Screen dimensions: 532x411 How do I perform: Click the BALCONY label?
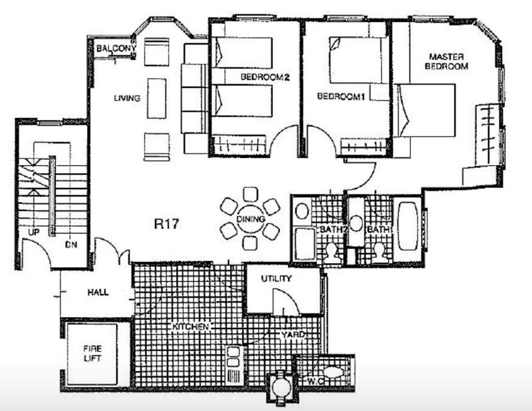(116, 49)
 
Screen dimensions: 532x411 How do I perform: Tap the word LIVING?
(127, 98)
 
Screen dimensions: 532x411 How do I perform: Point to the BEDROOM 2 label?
(265, 77)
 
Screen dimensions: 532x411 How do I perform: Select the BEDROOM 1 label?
(340, 97)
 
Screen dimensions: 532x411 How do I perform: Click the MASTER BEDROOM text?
(446, 61)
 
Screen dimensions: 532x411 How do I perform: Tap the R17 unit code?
(166, 224)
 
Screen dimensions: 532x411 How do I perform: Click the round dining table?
(251, 218)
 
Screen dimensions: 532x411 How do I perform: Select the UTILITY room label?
(277, 278)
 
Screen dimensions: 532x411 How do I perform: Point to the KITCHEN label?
(190, 326)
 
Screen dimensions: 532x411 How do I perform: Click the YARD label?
(293, 335)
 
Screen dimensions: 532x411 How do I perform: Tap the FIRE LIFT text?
(92, 353)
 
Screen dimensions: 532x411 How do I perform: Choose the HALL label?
(98, 292)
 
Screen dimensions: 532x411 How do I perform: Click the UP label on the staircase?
(34, 232)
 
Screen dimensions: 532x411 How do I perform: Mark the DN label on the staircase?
(71, 244)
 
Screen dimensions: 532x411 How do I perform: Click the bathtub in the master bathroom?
(408, 226)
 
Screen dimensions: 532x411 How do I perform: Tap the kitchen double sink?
(233, 357)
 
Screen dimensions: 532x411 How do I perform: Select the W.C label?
(315, 382)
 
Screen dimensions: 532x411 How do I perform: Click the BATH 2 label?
(334, 229)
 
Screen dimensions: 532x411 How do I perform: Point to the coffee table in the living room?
(157, 99)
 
